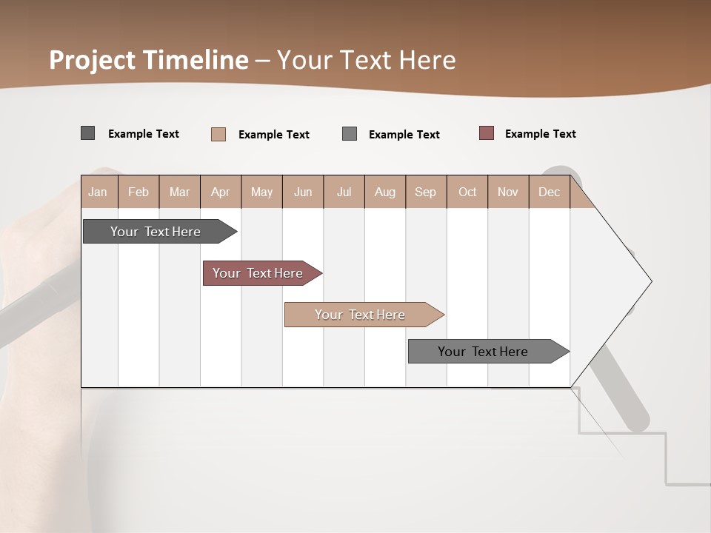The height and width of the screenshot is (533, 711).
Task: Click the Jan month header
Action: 98,192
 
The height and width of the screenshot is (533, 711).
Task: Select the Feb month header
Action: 138,192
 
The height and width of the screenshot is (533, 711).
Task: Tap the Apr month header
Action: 220,192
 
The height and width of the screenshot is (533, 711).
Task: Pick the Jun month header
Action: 303,192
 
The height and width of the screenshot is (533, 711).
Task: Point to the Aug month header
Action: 384,192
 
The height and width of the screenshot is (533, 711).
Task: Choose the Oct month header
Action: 467,192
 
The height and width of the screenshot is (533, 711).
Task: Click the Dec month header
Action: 549,192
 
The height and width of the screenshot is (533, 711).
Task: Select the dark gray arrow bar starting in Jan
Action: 156,232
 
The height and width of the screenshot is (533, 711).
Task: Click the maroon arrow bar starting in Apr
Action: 258,273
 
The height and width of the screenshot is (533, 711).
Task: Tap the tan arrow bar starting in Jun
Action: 360,315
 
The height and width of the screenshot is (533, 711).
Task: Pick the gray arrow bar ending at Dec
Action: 483,352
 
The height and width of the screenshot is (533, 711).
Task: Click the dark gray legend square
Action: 87,133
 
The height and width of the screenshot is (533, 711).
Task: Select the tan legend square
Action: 218,134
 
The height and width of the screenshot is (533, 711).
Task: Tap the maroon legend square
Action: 487,133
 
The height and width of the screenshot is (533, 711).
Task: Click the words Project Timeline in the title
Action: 148,60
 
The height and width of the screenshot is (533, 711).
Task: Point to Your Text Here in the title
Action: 367,60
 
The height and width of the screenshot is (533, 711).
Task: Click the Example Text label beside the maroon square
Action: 540,134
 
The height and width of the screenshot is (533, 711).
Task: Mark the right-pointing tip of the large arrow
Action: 650,281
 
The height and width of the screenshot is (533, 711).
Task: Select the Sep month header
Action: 425,192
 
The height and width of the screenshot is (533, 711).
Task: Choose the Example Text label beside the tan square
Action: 273,135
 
